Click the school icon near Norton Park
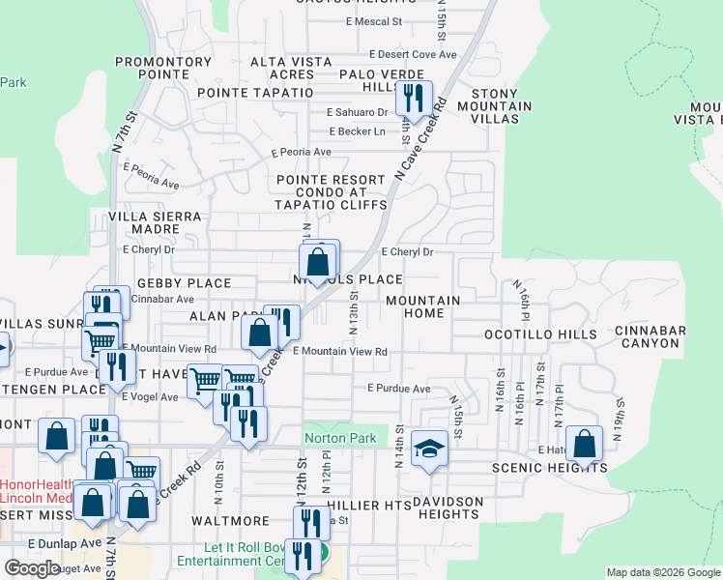[429, 449]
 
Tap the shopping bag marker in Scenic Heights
[585, 445]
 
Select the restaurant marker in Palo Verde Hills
[414, 99]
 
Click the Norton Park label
[339, 439]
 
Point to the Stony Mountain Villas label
[502, 105]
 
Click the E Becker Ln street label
[357, 131]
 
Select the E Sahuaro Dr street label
[358, 112]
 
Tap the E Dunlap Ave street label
[65, 544]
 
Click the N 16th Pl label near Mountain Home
[526, 304]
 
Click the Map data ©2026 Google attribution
[661, 572]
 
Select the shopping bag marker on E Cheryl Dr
[318, 261]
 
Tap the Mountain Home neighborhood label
[422, 307]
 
